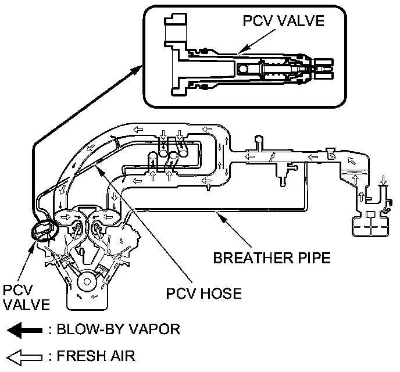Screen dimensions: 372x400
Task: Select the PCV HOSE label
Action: (x=203, y=294)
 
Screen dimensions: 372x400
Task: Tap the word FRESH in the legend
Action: (x=82, y=355)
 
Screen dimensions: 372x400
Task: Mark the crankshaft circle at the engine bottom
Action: (x=87, y=283)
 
